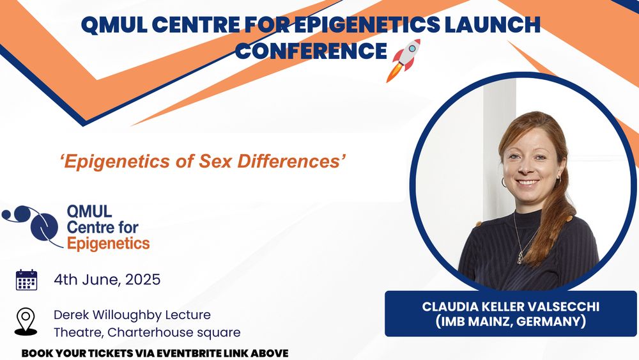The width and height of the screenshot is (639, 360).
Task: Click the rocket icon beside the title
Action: coord(403,60)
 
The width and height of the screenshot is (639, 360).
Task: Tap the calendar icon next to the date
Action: coord(26,279)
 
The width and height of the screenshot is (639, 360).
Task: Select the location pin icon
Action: coord(26,322)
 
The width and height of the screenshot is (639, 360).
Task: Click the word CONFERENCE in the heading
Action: coord(311,51)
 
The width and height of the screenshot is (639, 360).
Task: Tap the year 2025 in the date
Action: coord(142,279)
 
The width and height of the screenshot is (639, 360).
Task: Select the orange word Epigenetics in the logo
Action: coord(109,244)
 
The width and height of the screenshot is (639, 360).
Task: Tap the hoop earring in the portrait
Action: coord(504,182)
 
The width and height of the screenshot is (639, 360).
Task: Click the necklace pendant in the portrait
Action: coord(520,258)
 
